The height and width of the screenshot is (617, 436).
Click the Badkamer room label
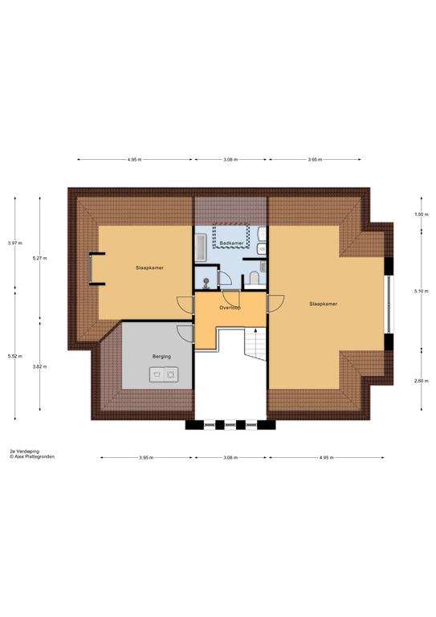(231, 243)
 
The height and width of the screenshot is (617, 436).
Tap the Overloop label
(230, 308)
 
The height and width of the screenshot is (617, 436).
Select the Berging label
(161, 357)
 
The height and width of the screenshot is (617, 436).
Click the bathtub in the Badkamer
(201, 247)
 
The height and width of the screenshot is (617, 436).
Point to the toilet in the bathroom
(254, 278)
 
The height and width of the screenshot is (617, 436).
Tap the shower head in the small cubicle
(206, 282)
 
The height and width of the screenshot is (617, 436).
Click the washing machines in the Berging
(164, 374)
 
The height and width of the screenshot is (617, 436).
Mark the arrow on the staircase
(256, 340)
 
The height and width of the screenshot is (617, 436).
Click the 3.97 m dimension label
(15, 243)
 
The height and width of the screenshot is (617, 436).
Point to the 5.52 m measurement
(15, 357)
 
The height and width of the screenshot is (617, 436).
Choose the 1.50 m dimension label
(422, 215)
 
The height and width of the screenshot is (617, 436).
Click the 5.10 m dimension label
(422, 291)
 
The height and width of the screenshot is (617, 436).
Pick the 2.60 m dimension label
(422, 381)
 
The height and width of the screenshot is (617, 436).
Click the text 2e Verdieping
(25, 452)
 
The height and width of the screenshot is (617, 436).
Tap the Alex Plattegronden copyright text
(32, 457)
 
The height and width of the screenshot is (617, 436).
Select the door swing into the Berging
(185, 333)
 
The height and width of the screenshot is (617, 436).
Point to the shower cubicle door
(225, 278)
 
